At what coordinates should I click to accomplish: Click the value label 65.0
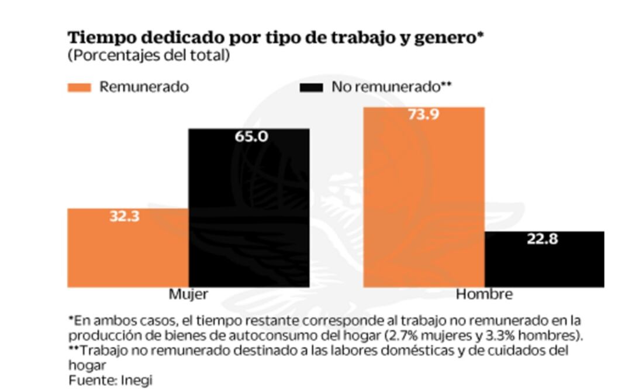click(251, 136)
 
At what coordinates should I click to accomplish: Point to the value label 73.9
click(424, 115)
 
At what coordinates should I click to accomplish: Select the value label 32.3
click(125, 216)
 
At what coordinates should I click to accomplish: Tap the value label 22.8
click(543, 239)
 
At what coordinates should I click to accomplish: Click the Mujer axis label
click(188, 293)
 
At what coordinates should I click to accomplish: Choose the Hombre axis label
click(484, 293)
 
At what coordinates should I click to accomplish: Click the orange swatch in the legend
click(80, 87)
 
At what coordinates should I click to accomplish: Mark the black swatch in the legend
click(311, 87)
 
